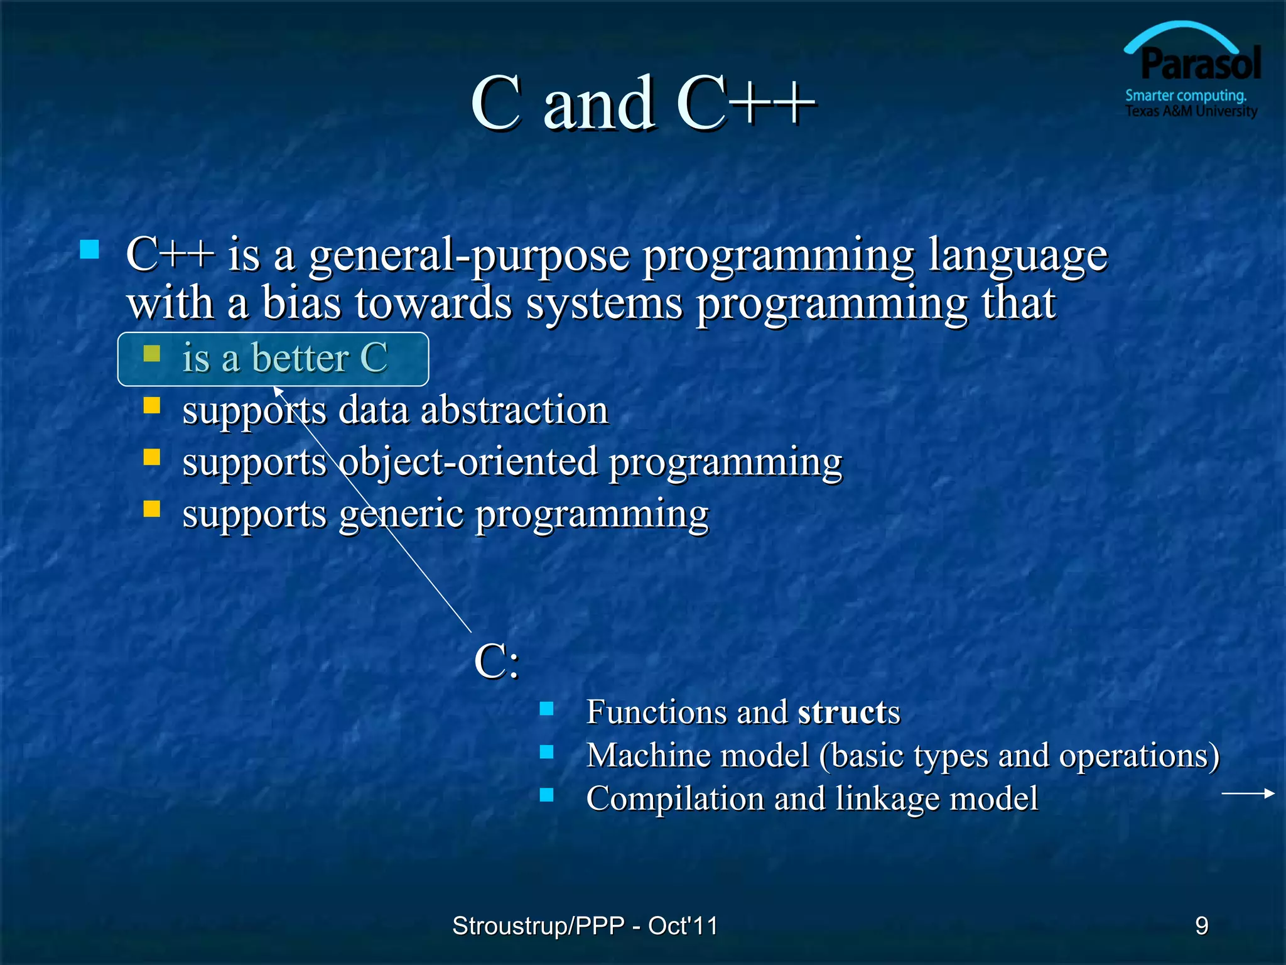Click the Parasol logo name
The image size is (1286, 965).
1200,64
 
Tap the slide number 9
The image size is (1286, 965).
1201,925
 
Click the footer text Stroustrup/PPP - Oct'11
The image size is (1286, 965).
585,925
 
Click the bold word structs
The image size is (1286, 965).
848,712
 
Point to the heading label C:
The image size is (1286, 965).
497,662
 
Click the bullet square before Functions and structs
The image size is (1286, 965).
546,709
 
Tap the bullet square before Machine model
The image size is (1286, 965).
546,752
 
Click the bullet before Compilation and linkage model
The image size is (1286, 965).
546,795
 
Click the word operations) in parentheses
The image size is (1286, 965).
1139,756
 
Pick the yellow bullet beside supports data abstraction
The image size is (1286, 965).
152,405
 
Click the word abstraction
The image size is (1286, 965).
514,410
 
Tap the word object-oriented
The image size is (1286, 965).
468,462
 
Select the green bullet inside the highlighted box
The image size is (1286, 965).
152,354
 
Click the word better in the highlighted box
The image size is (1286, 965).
300,358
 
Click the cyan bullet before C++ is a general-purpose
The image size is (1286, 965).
90,250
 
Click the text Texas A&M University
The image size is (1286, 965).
1191,111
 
